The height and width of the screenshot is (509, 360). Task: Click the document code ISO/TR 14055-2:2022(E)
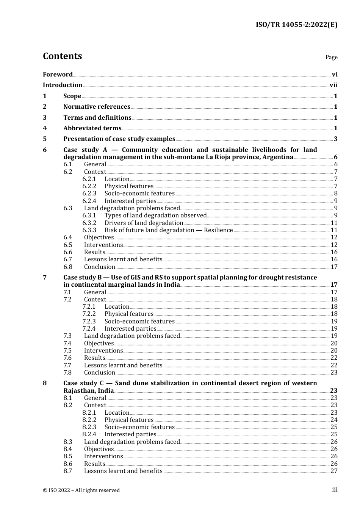296,25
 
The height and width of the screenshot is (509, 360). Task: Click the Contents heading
62,56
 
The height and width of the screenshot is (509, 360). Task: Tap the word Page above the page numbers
331,57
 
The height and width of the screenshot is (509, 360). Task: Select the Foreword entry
58,75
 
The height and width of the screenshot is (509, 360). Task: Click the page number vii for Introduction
333,85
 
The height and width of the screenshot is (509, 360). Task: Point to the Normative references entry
97,107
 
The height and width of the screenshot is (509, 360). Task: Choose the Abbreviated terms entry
92,128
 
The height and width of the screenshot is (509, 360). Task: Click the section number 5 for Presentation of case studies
45,139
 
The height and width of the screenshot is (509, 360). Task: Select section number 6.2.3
89,194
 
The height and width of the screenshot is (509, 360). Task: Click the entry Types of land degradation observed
155,215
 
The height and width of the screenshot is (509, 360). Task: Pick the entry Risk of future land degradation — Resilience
169,230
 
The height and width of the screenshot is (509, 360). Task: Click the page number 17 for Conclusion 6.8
334,267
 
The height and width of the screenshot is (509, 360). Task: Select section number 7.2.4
89,329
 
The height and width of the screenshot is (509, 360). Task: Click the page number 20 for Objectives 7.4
334,343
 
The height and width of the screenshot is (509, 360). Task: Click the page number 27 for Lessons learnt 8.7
334,471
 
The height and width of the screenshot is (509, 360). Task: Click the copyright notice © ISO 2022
81,490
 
